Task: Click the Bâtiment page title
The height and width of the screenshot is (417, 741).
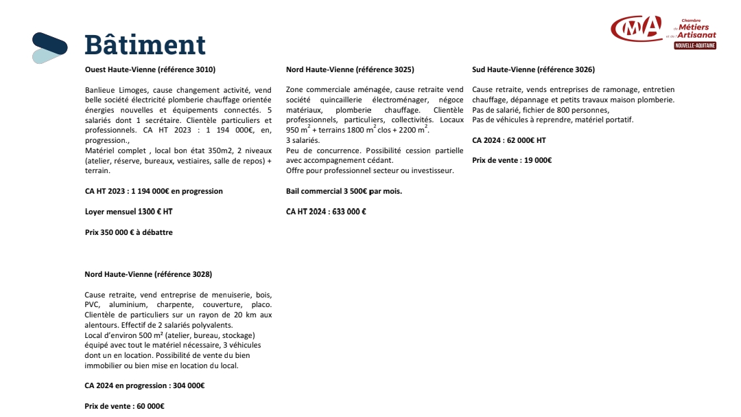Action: pos(145,45)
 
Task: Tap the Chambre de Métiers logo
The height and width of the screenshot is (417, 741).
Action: pos(663,30)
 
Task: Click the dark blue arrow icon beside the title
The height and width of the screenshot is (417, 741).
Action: pos(50,47)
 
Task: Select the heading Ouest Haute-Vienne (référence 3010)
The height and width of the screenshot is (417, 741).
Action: pos(150,69)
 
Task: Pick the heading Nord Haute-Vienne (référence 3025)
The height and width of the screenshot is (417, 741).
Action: pos(350,69)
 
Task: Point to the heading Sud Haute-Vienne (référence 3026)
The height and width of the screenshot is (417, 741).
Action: pos(533,69)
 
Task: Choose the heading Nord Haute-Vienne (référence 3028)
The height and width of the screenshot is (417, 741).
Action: pos(148,274)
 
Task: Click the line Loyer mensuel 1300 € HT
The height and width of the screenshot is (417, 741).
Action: pos(128,212)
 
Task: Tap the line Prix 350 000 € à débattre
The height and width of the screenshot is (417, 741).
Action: pos(129,232)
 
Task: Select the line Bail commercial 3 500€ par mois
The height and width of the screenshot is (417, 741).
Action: pos(344,191)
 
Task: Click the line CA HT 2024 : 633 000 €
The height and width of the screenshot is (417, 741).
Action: pos(326,212)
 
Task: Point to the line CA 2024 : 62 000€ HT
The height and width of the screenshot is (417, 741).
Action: pos(509,140)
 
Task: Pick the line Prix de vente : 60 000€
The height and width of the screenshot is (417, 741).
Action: pos(124,406)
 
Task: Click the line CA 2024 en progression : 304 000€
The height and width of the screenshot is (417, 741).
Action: pos(145,385)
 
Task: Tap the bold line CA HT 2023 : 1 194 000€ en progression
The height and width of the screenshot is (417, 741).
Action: pos(154,191)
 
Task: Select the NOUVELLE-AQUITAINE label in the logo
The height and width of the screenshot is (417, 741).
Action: pos(694,45)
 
